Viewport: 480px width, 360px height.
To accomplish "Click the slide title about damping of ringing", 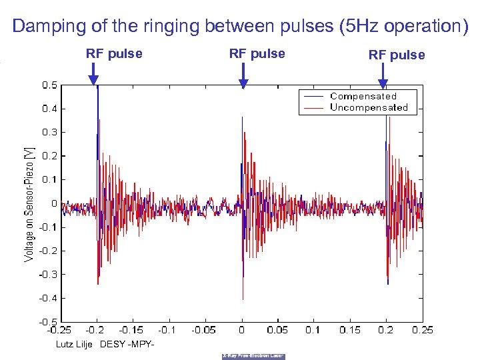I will pyautogui.click(x=240, y=27).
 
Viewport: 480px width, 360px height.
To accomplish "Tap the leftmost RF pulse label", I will pyautogui.click(x=114, y=54).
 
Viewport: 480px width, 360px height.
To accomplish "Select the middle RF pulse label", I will pyautogui.click(x=257, y=54).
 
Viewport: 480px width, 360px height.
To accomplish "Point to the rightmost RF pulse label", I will pyautogui.click(x=397, y=55).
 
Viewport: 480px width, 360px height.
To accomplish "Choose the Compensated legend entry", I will pyautogui.click(x=363, y=97).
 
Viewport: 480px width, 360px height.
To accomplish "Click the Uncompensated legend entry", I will pyautogui.click(x=369, y=107).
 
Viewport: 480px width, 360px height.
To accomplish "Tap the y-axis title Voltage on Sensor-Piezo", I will pyautogui.click(x=28, y=204).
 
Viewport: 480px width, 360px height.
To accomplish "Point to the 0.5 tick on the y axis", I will pyautogui.click(x=49, y=85).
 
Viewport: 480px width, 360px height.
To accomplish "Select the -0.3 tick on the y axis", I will pyautogui.click(x=48, y=274).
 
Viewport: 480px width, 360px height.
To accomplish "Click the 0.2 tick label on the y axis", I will pyautogui.click(x=49, y=156).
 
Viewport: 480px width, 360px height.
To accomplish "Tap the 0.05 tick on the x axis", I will pyautogui.click(x=277, y=329).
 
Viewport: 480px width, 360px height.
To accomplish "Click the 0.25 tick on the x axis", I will pyautogui.click(x=422, y=329).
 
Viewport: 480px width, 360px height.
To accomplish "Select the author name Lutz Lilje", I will pyautogui.click(x=74, y=344).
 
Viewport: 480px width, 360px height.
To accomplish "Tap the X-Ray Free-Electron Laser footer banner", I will pyautogui.click(x=253, y=356).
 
